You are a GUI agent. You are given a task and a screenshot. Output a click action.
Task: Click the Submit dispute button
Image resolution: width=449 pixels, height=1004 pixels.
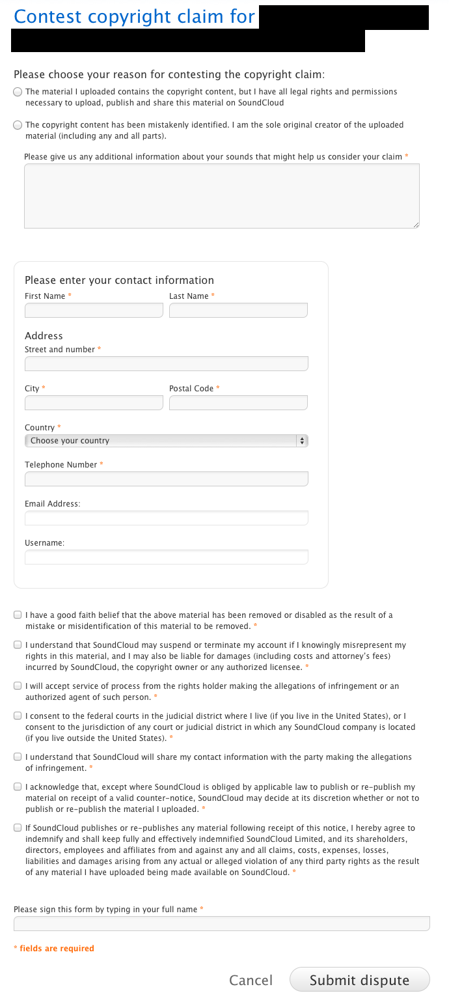click(359, 980)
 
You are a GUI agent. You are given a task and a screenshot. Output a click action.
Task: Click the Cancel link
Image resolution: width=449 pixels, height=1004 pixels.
click(251, 980)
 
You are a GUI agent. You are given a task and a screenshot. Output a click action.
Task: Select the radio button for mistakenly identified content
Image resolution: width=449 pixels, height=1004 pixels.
click(18, 125)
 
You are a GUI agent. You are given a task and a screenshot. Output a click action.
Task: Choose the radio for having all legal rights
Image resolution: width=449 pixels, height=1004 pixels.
click(18, 92)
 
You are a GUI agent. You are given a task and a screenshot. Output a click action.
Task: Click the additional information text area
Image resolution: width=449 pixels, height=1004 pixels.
click(221, 195)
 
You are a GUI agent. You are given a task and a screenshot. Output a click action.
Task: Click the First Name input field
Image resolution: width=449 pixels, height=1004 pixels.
click(94, 311)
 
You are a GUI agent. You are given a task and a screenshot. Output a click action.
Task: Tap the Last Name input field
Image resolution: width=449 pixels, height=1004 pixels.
click(238, 311)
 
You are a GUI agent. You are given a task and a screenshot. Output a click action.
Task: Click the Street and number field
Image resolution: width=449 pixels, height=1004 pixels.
click(166, 363)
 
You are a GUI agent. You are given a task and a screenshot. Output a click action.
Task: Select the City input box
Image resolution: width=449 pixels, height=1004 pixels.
click(94, 403)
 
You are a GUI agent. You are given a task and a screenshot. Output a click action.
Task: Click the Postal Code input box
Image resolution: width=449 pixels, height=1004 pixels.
click(238, 403)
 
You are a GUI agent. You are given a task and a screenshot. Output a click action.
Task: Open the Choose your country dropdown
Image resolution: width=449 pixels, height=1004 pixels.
click(166, 441)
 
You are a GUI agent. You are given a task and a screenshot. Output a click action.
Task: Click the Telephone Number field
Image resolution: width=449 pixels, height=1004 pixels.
click(166, 479)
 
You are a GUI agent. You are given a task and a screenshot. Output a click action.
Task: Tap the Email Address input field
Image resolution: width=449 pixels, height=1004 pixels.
click(166, 518)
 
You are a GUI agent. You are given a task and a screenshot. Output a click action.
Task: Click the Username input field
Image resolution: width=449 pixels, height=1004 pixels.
click(166, 557)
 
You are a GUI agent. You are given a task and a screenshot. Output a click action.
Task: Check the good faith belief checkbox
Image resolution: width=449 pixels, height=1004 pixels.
click(18, 615)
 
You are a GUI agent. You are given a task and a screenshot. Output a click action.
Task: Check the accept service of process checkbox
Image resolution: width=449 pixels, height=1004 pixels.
click(18, 686)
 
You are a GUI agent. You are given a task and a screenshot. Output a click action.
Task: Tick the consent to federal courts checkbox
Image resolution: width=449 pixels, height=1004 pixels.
click(18, 716)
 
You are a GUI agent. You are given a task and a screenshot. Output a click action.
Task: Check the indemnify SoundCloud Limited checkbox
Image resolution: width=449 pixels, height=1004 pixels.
click(18, 828)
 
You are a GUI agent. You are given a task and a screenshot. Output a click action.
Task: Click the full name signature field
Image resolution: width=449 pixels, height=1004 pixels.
click(221, 923)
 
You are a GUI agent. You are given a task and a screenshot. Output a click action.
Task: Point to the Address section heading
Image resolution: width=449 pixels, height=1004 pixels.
click(44, 336)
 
